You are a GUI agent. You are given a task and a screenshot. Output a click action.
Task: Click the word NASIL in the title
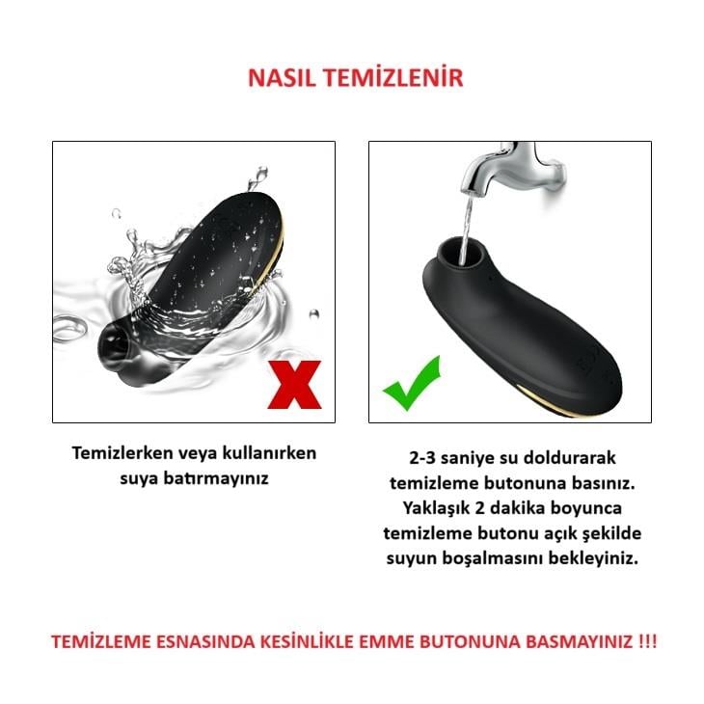(x=281, y=78)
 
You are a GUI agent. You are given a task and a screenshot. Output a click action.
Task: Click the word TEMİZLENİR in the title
(x=392, y=78)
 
